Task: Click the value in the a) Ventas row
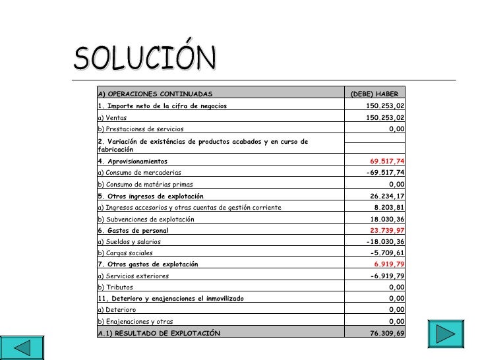point(385,117)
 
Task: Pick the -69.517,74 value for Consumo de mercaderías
point(385,173)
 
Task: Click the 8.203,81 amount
point(389,207)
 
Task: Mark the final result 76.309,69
point(388,333)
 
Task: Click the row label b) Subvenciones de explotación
point(146,219)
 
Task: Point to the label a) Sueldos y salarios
point(129,242)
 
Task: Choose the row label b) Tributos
point(115,287)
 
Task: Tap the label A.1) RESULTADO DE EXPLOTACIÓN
point(158,333)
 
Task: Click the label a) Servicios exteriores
point(133,276)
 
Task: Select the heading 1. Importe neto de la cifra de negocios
point(162,105)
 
